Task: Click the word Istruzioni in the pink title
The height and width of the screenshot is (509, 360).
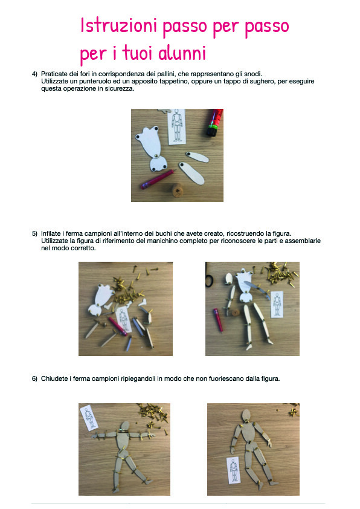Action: (119, 25)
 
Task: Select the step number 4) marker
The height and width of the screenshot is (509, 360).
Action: (34, 74)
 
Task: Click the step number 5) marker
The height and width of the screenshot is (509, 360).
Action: (34, 234)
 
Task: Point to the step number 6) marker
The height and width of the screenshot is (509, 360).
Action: (34, 379)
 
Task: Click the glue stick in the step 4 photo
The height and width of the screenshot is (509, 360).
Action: (215, 122)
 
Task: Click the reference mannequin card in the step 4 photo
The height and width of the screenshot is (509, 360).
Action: (177, 127)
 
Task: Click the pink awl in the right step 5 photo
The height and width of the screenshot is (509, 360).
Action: (218, 320)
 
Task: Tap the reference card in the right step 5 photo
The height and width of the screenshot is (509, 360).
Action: (277, 305)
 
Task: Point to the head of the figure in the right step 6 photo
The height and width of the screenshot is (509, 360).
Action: (246, 415)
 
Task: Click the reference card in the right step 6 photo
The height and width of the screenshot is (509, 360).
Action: (234, 470)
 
